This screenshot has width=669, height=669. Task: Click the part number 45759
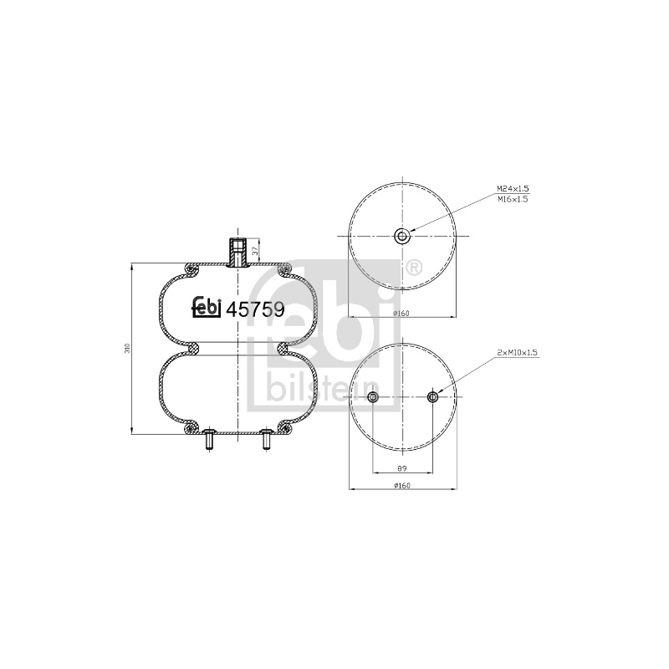tap(255, 309)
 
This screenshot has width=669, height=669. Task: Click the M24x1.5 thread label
tap(513, 188)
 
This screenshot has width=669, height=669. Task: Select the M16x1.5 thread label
tap(513, 199)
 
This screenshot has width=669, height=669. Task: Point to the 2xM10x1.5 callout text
tap(517, 352)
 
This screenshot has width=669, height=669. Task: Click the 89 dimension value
tap(401, 468)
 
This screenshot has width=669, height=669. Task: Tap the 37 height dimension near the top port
tap(255, 251)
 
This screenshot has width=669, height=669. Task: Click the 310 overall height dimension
tap(127, 348)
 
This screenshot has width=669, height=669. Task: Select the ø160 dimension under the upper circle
tap(401, 313)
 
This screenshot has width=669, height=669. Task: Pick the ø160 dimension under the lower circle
tap(401, 485)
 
